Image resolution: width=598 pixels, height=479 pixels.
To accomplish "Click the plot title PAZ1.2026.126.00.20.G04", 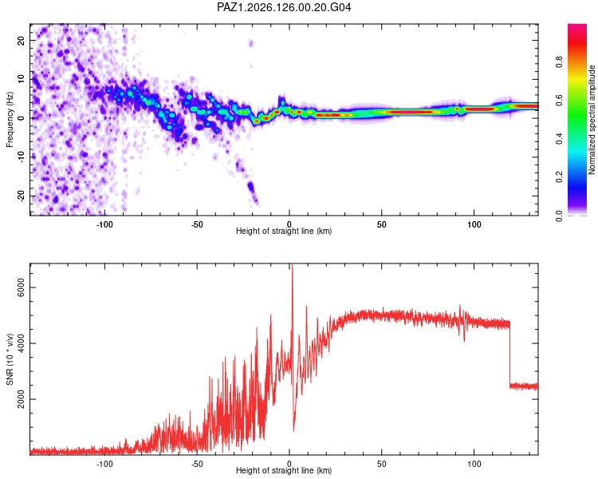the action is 284,7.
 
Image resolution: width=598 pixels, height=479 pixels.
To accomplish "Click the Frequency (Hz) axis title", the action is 10,120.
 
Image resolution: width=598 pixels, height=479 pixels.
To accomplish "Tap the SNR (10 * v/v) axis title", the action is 10,359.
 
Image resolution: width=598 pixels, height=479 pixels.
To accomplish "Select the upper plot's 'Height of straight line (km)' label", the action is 284,231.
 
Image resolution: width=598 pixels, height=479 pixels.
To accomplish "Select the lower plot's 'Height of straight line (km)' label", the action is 284,470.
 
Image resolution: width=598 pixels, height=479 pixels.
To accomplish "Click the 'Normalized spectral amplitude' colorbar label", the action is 592,120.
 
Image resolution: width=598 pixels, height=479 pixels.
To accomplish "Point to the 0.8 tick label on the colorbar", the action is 559,61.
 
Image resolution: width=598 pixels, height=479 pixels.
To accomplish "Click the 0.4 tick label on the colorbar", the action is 559,139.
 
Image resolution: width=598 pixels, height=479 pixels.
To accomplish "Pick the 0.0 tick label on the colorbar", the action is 559,216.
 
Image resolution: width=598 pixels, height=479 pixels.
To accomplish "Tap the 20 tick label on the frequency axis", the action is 21,40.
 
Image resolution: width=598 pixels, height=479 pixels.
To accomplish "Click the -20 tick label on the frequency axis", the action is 21,196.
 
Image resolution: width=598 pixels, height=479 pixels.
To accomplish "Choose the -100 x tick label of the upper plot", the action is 104,224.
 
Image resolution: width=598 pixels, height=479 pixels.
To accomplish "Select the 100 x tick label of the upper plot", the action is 474,224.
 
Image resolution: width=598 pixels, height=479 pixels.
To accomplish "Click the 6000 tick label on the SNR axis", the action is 21,287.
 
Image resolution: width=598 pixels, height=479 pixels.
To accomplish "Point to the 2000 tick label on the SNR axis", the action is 21,399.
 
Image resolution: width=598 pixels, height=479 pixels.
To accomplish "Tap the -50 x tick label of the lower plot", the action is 197,464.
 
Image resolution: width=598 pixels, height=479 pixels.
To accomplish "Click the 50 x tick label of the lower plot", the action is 382,464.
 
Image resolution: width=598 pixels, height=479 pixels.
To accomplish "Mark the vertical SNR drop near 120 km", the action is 510,354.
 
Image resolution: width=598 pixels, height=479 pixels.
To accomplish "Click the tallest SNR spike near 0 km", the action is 293,267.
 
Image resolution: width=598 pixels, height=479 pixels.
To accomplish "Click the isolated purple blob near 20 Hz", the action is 250,43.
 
